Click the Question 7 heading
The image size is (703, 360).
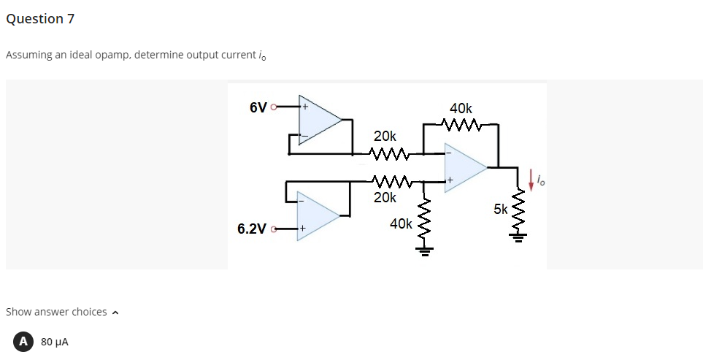click(x=40, y=19)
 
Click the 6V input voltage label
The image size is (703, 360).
click(x=258, y=108)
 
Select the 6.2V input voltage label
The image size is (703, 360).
click(x=252, y=229)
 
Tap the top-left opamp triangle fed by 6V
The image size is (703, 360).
click(x=318, y=118)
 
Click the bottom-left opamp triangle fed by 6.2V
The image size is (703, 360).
click(x=316, y=214)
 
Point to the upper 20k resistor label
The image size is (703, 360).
click(x=385, y=137)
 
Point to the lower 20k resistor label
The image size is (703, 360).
click(x=385, y=197)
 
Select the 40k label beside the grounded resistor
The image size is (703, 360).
click(x=402, y=223)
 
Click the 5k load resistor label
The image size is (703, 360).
click(x=501, y=210)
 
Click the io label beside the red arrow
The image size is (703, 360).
click(x=541, y=177)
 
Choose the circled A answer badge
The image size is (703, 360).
click(x=24, y=341)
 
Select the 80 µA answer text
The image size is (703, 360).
click(x=55, y=341)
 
